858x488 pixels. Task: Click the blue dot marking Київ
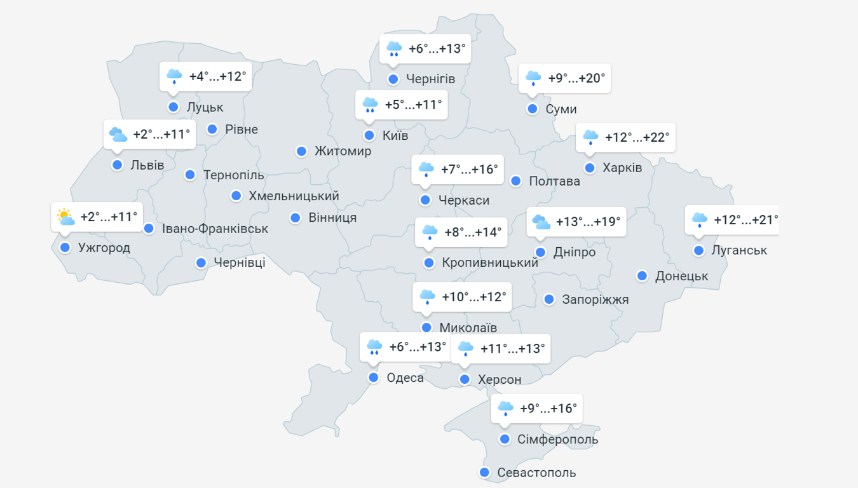click(x=369, y=135)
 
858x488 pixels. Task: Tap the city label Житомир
click(x=343, y=151)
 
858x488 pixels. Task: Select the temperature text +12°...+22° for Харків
click(x=637, y=137)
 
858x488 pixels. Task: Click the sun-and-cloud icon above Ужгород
click(x=65, y=217)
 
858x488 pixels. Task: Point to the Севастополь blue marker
click(x=485, y=473)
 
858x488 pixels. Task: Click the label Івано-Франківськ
click(x=215, y=229)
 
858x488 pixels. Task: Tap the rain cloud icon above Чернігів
click(x=394, y=48)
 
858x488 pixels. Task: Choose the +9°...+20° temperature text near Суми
click(x=576, y=79)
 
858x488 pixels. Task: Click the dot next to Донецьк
click(x=643, y=276)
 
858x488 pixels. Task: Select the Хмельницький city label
click(x=294, y=196)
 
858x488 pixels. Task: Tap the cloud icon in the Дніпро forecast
click(x=541, y=222)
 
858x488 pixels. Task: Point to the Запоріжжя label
click(x=596, y=299)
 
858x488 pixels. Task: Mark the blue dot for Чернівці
click(x=201, y=262)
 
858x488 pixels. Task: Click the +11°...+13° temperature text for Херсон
click(x=513, y=348)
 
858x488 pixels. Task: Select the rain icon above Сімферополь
click(x=505, y=409)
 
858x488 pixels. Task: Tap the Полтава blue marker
click(x=516, y=181)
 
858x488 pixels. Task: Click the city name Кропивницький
click(x=490, y=262)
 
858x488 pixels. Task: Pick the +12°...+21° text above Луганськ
click(x=746, y=220)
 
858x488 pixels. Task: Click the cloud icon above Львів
click(x=118, y=135)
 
